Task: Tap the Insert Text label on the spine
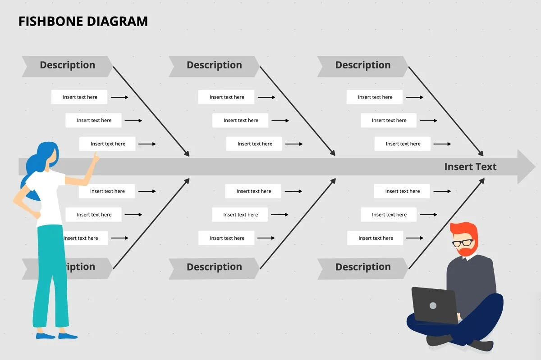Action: tap(470, 166)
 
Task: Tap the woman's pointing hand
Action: tap(95, 158)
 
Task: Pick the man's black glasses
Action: tap(463, 243)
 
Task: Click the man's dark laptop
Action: tap(434, 305)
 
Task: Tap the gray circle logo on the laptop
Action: tap(433, 306)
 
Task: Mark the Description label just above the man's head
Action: tap(362, 267)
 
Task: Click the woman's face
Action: tap(53, 155)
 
